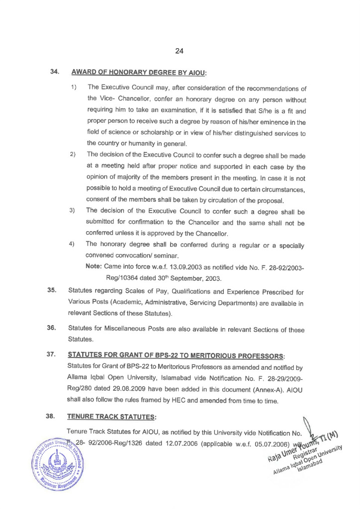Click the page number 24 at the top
click(x=180, y=50)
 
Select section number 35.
click(x=52, y=291)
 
